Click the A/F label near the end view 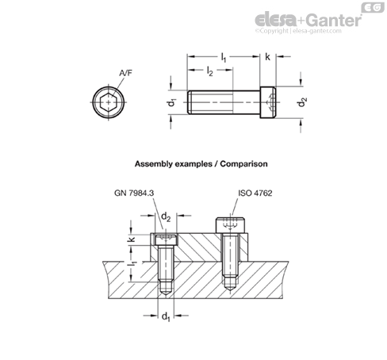[125, 73]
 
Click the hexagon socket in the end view [109, 102]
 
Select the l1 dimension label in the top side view [224, 57]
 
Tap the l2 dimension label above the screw [210, 71]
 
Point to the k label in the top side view [267, 56]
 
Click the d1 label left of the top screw [172, 102]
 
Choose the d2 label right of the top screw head [302, 102]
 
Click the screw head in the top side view [268, 102]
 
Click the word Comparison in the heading [243, 164]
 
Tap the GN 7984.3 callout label [134, 193]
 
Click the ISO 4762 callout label [255, 193]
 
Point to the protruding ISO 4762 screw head [230, 225]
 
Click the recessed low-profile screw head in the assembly [166, 239]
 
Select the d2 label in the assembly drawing [166, 216]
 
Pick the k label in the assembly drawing [132, 239]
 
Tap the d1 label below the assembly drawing [166, 316]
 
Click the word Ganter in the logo [335, 20]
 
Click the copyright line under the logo [298, 31]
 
